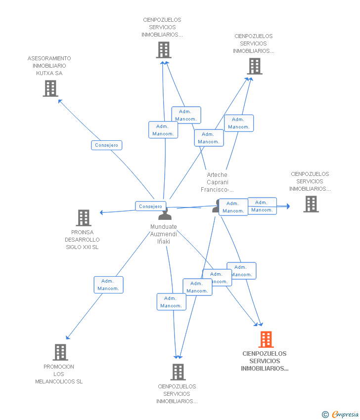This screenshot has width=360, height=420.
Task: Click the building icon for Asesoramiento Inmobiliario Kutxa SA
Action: (x=50, y=88)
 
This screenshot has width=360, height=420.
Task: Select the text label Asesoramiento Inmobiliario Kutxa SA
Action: (x=49, y=66)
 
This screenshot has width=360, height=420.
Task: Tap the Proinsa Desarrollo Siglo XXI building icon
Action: (x=84, y=218)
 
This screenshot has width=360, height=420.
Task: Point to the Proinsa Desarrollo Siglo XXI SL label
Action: (x=82, y=240)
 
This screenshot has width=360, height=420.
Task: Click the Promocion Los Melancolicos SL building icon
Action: (x=60, y=352)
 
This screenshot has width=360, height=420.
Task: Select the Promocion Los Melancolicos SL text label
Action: (x=59, y=374)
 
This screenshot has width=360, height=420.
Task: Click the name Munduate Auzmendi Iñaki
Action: (x=164, y=234)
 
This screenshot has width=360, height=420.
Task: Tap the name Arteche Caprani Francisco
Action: (x=217, y=182)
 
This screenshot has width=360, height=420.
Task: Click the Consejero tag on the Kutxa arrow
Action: (x=106, y=145)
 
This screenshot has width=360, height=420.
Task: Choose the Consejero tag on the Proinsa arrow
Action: (x=150, y=207)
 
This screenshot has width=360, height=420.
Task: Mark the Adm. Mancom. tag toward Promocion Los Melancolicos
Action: (x=108, y=285)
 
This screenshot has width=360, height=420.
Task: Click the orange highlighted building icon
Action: (x=266, y=339)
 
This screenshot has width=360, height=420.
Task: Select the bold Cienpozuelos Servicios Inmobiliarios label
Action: (x=265, y=361)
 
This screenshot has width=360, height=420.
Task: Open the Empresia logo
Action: (x=345, y=414)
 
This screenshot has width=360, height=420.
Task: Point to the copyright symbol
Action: (x=325, y=415)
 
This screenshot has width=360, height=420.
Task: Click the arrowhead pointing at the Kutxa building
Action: (x=60, y=101)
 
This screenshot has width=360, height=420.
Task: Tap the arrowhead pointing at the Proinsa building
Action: (x=101, y=212)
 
